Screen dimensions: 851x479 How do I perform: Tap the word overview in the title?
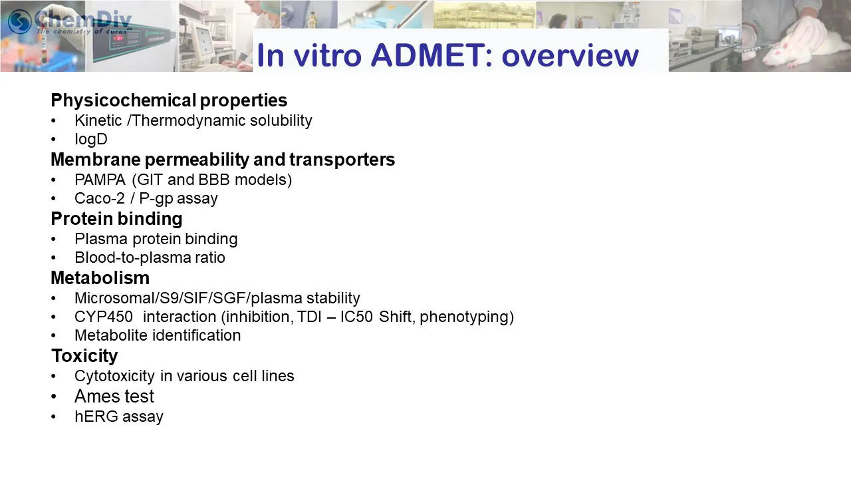click(570, 57)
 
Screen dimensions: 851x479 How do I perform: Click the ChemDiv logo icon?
click(19, 21)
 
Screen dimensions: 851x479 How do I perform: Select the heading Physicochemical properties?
click(169, 100)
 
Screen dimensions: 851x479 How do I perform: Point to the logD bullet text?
click(91, 140)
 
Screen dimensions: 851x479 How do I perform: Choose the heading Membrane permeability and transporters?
click(223, 159)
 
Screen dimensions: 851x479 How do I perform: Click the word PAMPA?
click(100, 180)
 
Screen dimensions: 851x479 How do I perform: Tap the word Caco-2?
click(100, 198)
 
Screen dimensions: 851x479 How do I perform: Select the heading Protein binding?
click(116, 219)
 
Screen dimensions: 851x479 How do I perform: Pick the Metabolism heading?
click(100, 278)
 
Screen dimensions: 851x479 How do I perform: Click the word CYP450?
click(104, 317)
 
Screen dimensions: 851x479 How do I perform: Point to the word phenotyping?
click(467, 317)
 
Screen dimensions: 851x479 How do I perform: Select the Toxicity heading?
click(84, 356)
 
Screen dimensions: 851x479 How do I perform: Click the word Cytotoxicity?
click(115, 377)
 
